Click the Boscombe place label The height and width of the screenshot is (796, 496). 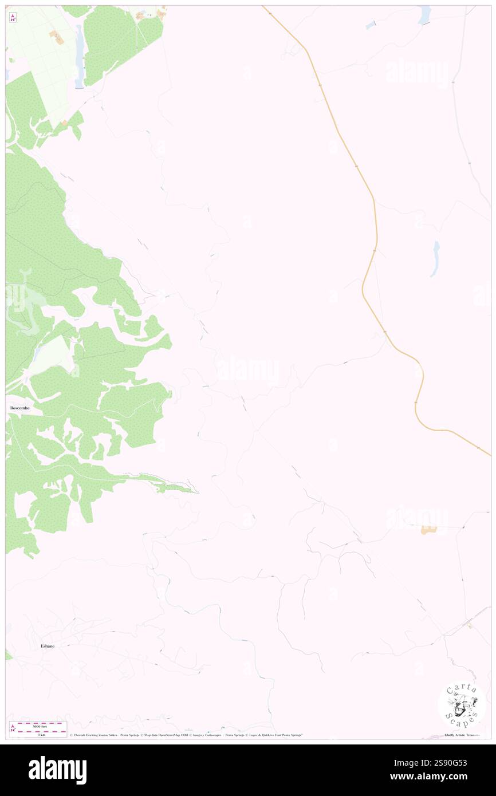point(19,408)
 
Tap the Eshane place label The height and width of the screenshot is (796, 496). point(48,646)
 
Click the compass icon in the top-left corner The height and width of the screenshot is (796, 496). point(13,17)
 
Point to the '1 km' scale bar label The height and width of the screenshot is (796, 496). point(42,734)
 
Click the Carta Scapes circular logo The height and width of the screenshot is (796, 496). point(462,704)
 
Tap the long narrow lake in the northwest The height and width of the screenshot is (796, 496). point(79,56)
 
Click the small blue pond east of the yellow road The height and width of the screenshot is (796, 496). point(435,259)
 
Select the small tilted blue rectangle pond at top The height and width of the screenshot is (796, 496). point(371,25)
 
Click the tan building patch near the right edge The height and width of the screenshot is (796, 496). point(428,530)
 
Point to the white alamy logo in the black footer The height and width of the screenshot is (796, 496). point(57,770)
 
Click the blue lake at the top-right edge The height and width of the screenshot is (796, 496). point(424,15)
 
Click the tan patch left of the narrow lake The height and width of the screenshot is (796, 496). point(57,37)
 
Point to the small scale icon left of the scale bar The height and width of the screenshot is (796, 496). point(13,728)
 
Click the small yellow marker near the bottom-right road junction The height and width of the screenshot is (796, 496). point(470,626)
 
